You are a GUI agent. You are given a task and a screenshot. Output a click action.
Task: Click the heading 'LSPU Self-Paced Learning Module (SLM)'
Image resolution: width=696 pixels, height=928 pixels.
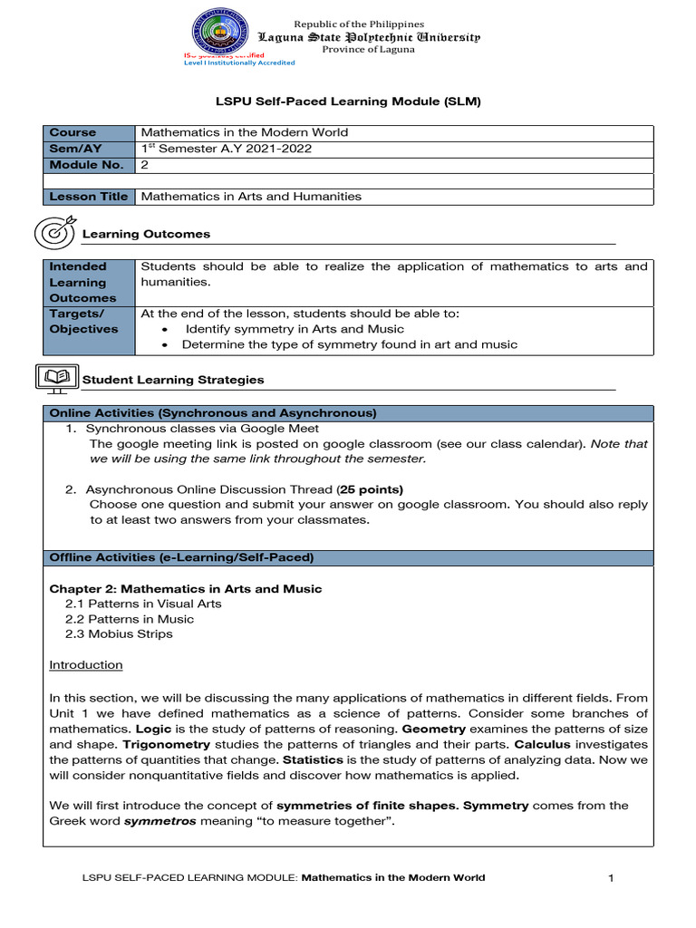pyautogui.click(x=347, y=101)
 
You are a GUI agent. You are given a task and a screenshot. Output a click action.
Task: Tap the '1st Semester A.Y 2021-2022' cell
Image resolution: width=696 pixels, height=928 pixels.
pyautogui.click(x=227, y=149)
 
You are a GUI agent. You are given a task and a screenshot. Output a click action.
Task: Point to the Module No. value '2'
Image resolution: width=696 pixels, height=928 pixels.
pyautogui.click(x=144, y=165)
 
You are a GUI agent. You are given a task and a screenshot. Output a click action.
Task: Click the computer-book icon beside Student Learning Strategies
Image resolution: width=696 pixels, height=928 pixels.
pyautogui.click(x=56, y=379)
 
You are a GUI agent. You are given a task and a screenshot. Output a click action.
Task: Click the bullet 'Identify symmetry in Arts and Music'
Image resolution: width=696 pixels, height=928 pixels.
pyautogui.click(x=295, y=329)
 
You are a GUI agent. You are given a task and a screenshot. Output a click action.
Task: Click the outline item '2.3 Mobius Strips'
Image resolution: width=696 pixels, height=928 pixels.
pyautogui.click(x=119, y=633)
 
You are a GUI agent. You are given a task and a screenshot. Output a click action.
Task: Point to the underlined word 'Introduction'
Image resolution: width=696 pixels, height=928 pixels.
pyautogui.click(x=86, y=664)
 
